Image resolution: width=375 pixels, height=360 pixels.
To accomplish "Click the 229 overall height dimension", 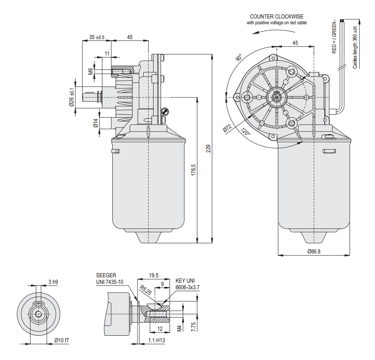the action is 209,149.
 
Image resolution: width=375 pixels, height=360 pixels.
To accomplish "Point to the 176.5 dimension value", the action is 193,170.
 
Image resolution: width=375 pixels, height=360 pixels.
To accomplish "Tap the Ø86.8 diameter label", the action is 314,251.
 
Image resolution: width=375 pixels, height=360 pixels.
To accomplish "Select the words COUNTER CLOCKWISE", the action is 277,16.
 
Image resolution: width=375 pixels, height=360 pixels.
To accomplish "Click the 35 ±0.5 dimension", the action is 97,37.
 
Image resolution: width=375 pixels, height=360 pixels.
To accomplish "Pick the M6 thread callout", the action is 91,71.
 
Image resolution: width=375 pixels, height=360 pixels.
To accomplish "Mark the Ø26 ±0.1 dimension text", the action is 72,97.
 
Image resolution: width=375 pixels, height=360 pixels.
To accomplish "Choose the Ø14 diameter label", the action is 95,123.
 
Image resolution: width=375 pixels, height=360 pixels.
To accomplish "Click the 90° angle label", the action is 239,58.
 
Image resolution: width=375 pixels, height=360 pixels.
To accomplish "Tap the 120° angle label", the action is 246,132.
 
